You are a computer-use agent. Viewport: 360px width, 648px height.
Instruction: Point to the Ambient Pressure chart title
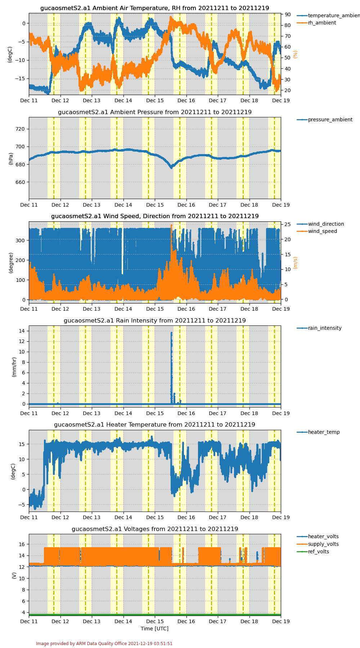coord(155,112)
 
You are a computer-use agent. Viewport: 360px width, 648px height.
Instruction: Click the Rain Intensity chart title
coord(155,320)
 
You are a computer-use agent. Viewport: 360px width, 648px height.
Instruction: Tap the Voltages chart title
coord(155,529)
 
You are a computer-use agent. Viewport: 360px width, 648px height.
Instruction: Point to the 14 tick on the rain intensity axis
coord(22,331)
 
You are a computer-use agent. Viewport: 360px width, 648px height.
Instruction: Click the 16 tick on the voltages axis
coord(22,544)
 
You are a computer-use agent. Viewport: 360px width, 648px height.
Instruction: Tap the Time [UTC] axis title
coord(154,629)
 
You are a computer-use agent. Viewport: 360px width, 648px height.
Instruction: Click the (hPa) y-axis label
coord(11,158)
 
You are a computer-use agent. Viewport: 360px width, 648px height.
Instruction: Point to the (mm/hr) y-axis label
coord(14,367)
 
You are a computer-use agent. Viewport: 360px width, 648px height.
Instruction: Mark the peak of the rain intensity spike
coord(171,333)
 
